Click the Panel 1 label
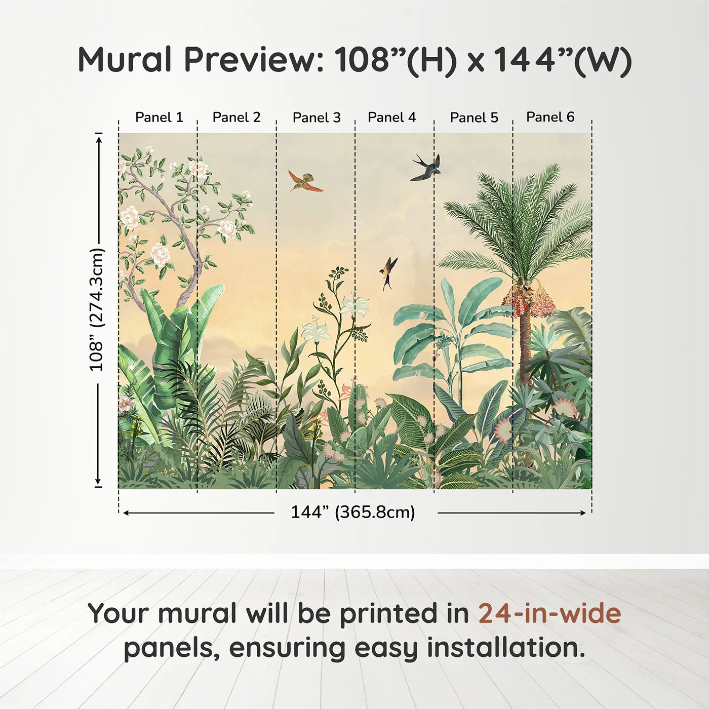[x=159, y=117]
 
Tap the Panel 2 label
[x=236, y=117]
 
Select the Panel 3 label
[x=317, y=117]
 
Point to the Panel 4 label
[x=391, y=117]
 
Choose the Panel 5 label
[x=474, y=117]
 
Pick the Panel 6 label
[x=550, y=116]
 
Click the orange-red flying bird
[x=305, y=181]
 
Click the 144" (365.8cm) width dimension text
[x=353, y=512]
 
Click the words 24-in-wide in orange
[x=549, y=614]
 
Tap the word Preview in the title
[x=254, y=59]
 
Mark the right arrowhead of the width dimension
[x=583, y=513]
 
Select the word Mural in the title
[x=125, y=59]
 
